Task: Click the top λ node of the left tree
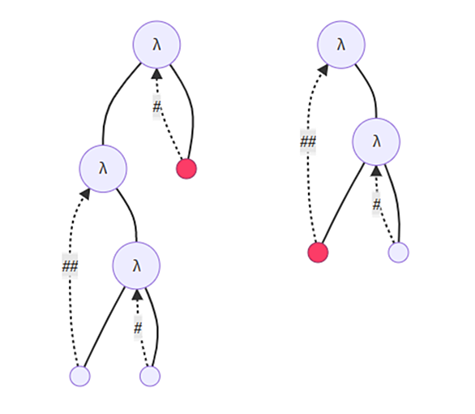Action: [x=156, y=45]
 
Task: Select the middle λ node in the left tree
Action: [x=103, y=169]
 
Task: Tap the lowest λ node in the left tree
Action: [x=136, y=265]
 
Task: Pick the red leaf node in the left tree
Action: [x=186, y=169]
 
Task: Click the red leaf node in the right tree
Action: [x=318, y=252]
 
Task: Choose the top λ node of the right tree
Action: [x=341, y=45]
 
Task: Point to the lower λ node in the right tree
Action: [x=376, y=141]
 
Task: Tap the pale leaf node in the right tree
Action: [x=398, y=252]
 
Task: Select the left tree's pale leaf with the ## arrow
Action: [x=80, y=376]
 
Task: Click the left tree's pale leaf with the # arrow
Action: [x=150, y=376]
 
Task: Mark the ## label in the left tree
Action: [x=70, y=266]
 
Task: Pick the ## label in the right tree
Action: [x=308, y=141]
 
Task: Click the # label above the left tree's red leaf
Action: [x=156, y=107]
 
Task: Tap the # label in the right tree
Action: [x=376, y=205]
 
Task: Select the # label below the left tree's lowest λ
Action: [x=138, y=328]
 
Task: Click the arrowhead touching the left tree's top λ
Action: [x=156, y=74]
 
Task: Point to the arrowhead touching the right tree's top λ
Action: [x=323, y=70]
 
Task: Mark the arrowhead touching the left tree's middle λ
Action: [x=85, y=193]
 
